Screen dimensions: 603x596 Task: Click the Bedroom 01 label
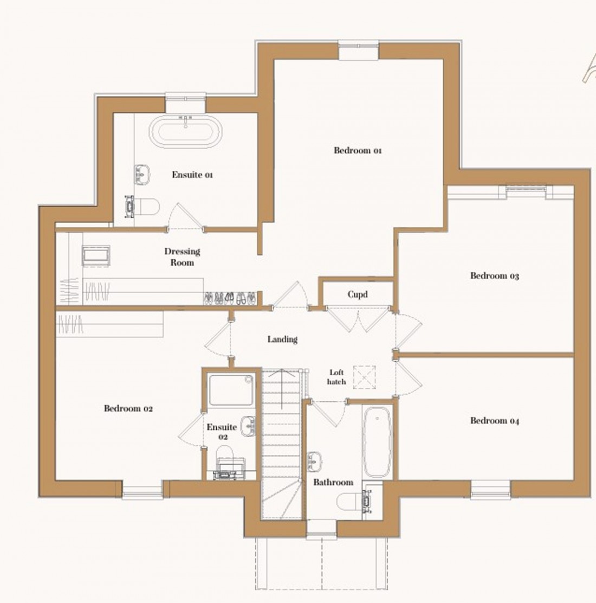[358, 150]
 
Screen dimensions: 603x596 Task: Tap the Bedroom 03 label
[494, 275]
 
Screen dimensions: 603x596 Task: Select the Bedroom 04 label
[494, 420]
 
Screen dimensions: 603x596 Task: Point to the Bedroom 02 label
[128, 408]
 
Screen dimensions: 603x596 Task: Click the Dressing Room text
[183, 257]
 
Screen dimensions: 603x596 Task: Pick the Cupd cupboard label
[358, 294]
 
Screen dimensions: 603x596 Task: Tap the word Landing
[282, 339]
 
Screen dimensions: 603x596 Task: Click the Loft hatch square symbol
[364, 377]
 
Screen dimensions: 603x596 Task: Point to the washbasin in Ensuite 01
[142, 174]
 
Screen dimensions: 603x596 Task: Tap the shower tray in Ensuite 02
[231, 390]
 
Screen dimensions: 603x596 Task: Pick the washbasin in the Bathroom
[314, 461]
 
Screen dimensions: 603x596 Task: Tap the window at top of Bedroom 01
[359, 50]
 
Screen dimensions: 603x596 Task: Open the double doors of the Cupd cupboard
[358, 319]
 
